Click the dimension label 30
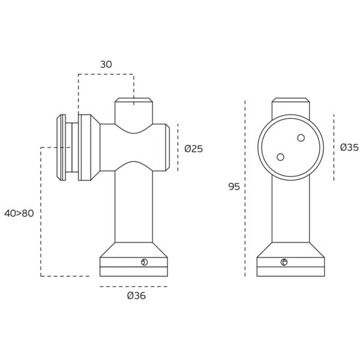[x=106, y=64]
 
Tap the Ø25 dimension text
[x=193, y=148]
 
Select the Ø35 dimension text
[x=349, y=147]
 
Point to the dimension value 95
[x=234, y=187]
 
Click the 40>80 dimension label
[x=19, y=213]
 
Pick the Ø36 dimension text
[x=136, y=295]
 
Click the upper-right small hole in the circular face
[x=301, y=138]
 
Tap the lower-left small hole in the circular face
[x=280, y=157]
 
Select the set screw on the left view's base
[x=143, y=262]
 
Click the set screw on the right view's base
[x=284, y=262]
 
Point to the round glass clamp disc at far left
[x=62, y=147]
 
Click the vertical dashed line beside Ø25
[x=178, y=148]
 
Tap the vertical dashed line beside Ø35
[x=334, y=147]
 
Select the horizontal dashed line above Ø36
[x=133, y=286]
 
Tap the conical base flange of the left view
[x=133, y=250]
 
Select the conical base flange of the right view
[x=290, y=250]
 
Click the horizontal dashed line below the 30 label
[x=106, y=74]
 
